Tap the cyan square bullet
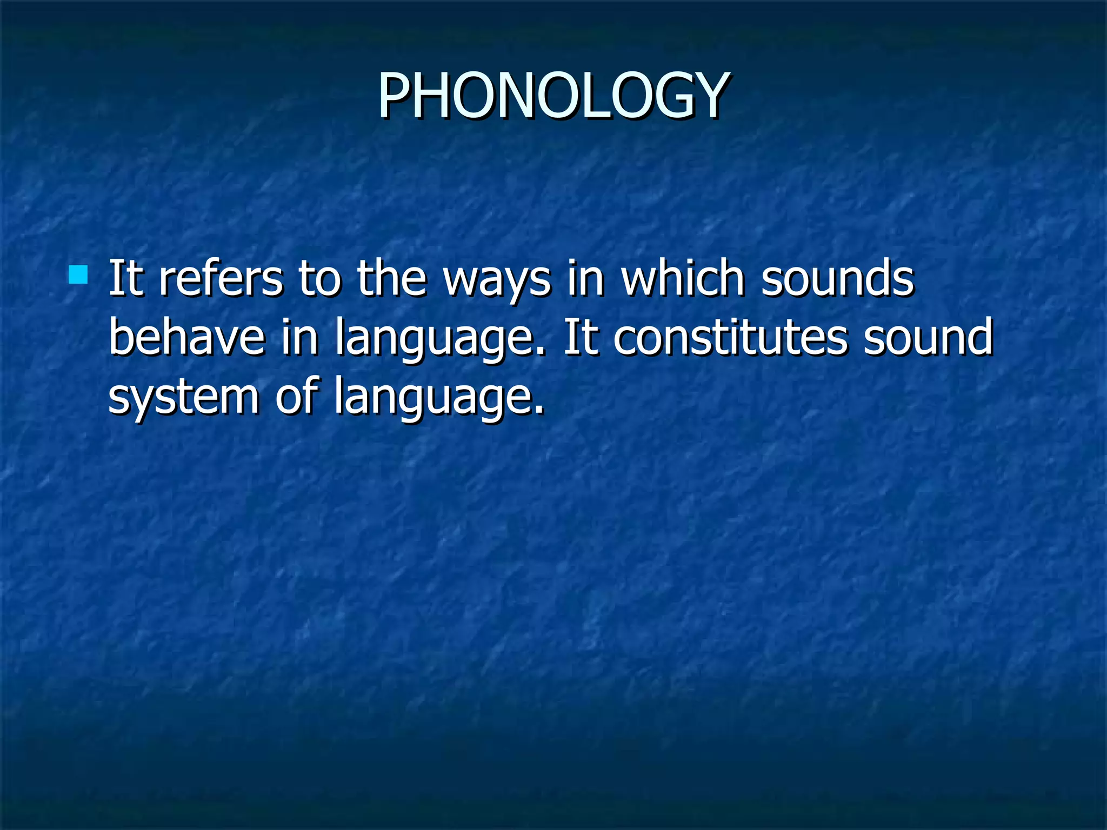pos(78,275)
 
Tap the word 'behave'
pos(187,337)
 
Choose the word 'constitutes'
pos(730,337)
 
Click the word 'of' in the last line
pos(296,396)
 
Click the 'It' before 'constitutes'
pos(581,337)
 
